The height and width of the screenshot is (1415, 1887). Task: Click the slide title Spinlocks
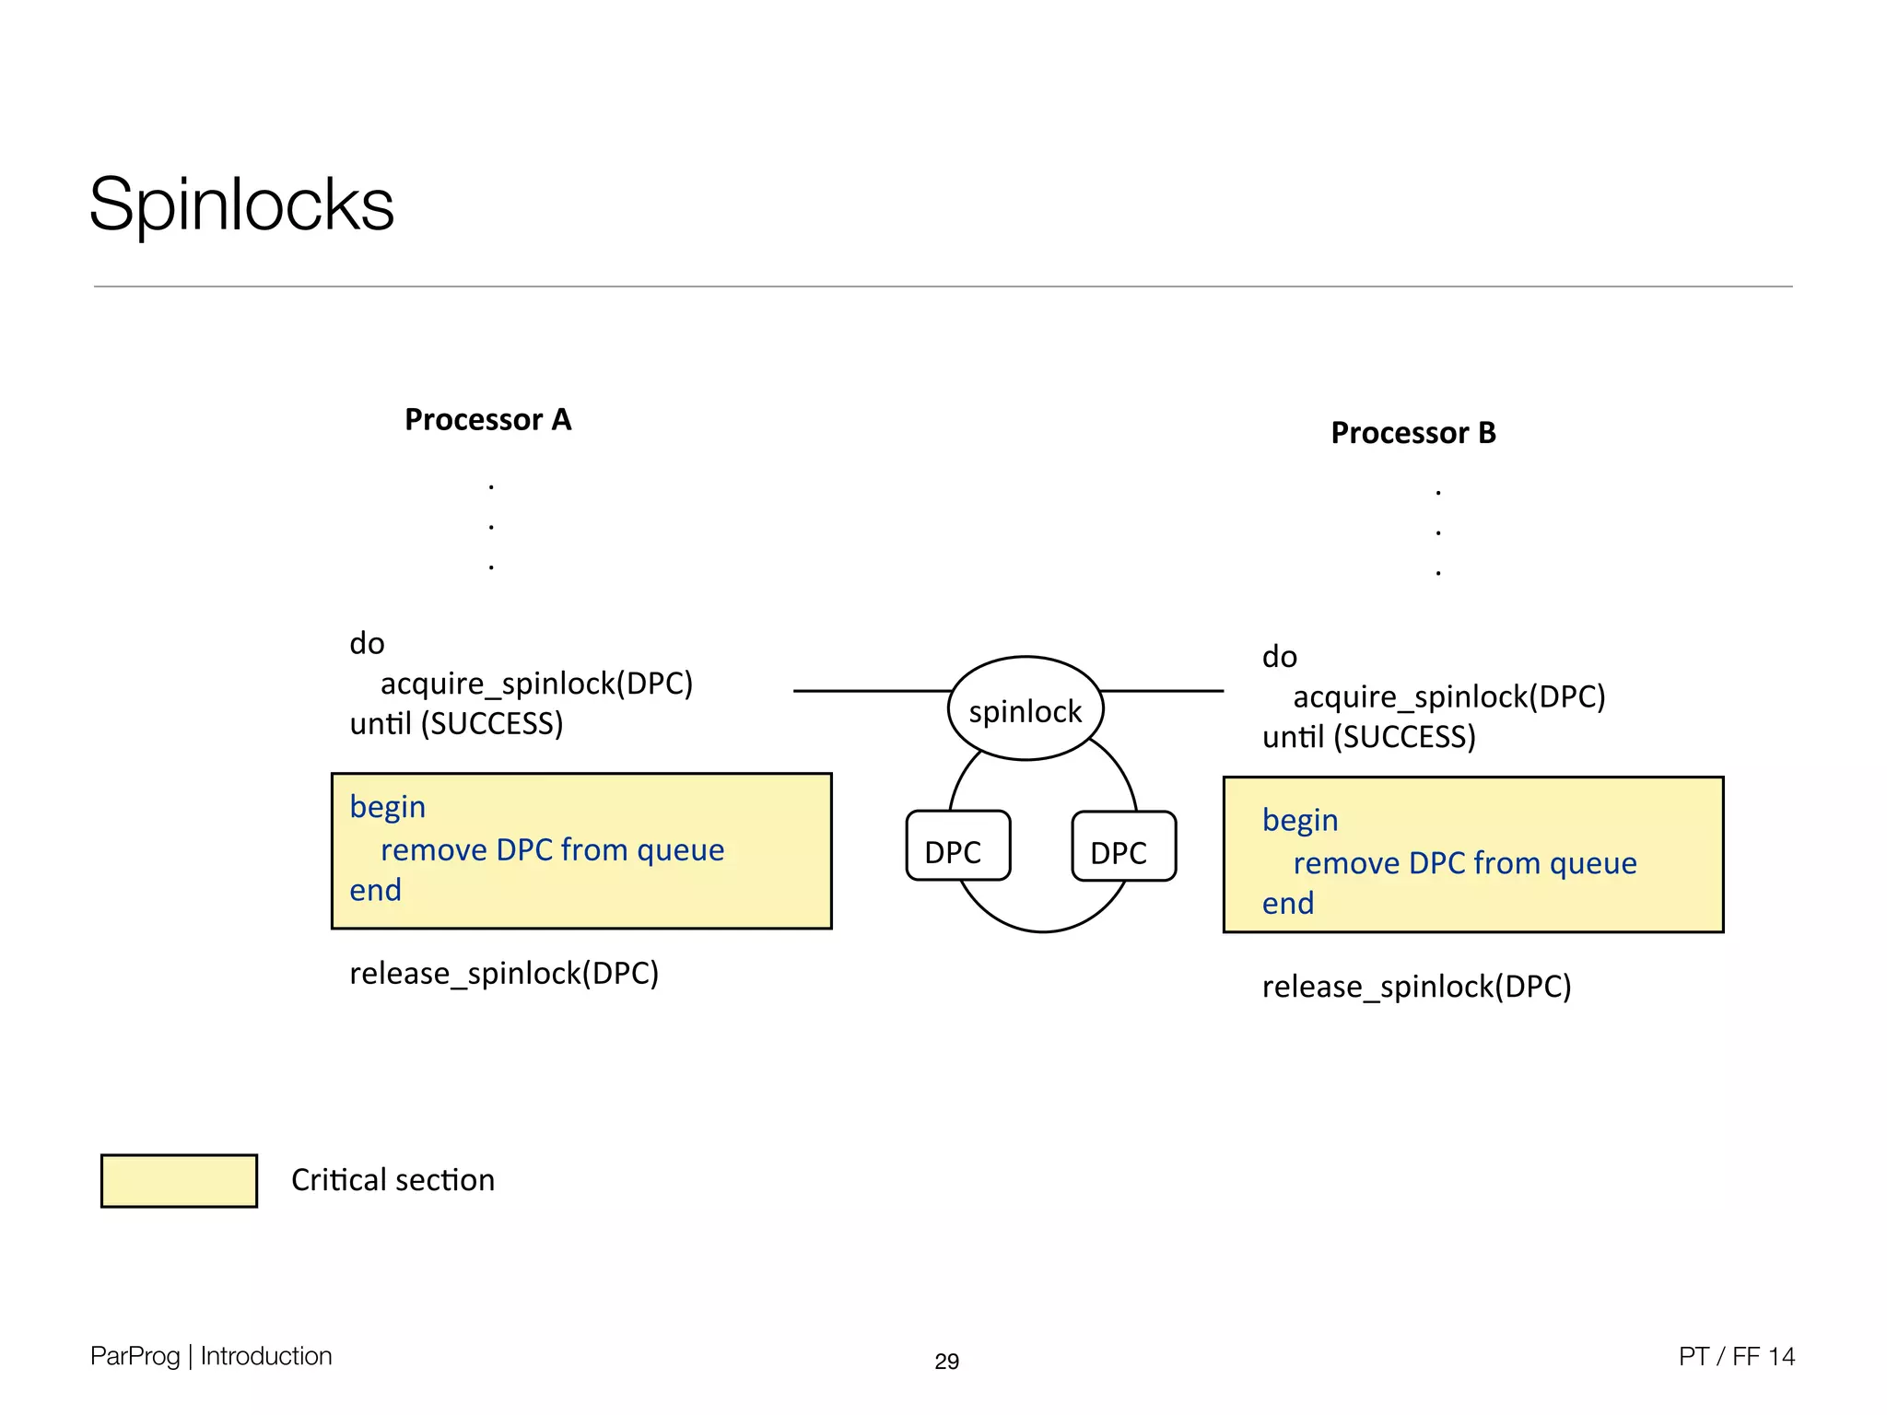(241, 205)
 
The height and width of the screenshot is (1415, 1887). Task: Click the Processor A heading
(487, 420)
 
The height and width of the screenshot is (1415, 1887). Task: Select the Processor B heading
(1412, 433)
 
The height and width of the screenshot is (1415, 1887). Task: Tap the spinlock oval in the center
(1025, 710)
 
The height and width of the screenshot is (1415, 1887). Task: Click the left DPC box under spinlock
(957, 847)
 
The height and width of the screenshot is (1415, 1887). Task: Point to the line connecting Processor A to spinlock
(871, 691)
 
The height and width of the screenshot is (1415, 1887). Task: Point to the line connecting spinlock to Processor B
(1163, 691)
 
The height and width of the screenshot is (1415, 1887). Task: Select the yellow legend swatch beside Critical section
(179, 1180)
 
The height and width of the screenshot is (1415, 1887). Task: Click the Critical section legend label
(393, 1180)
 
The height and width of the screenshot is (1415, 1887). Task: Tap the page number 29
(946, 1362)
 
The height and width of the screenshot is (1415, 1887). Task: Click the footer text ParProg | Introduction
(211, 1356)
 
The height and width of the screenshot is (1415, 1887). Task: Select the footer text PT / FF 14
(1736, 1356)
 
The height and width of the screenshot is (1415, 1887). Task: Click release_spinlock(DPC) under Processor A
(504, 974)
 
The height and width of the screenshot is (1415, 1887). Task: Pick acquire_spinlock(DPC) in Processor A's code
(536, 684)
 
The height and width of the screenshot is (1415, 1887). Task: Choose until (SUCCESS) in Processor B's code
(1368, 738)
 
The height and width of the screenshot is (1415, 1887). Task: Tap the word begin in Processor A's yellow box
(387, 808)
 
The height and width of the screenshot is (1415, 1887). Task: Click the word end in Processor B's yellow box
(1287, 904)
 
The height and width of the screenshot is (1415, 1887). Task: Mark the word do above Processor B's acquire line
(1279, 658)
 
